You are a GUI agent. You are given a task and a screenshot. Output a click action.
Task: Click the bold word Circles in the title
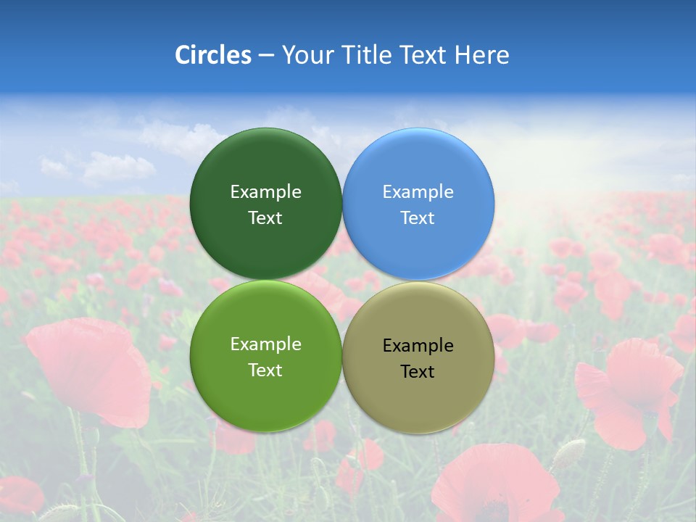[213, 55]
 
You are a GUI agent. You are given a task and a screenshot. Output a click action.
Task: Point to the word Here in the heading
[481, 55]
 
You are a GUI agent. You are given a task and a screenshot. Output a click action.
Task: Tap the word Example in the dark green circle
[265, 191]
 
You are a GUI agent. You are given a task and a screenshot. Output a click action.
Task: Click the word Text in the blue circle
[418, 218]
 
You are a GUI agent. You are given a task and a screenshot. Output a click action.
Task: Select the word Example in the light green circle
[265, 344]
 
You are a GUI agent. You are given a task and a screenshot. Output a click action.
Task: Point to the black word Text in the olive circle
[418, 372]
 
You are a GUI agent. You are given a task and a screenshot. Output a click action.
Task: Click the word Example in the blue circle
[418, 191]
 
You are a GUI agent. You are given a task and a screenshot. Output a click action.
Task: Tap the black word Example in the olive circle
[418, 345]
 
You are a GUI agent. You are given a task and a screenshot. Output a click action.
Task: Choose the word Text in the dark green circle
[265, 218]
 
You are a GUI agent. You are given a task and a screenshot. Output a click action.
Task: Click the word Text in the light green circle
[265, 370]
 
